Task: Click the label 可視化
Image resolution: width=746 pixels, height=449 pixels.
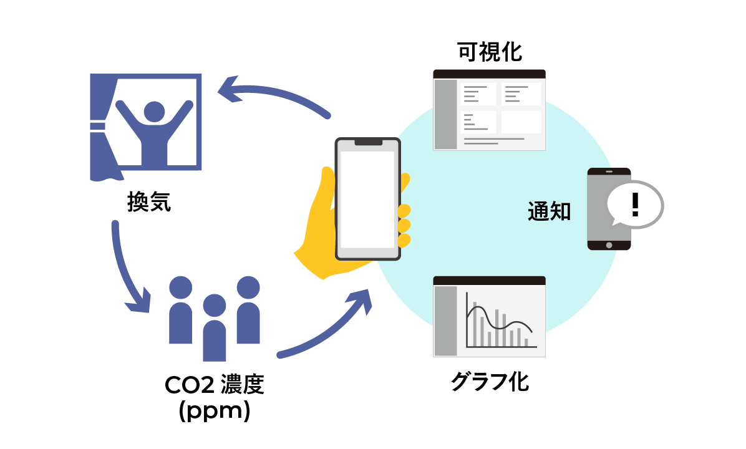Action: (x=490, y=52)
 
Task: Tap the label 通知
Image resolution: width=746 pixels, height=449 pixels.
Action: (x=549, y=212)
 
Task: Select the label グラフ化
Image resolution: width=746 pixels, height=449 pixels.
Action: (x=490, y=382)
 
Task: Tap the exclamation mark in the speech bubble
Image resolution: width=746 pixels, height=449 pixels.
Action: (x=635, y=205)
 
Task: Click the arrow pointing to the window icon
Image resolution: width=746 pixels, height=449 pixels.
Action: (x=274, y=94)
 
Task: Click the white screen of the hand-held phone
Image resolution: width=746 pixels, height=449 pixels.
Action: (x=367, y=200)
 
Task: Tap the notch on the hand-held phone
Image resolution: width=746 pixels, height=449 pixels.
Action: (x=368, y=142)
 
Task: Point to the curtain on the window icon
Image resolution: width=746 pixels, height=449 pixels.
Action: (x=100, y=125)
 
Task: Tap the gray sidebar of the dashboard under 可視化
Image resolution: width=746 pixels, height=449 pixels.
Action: (x=445, y=114)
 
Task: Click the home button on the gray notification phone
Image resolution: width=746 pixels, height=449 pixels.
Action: (x=609, y=245)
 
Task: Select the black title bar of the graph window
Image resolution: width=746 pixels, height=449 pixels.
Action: (x=490, y=281)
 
